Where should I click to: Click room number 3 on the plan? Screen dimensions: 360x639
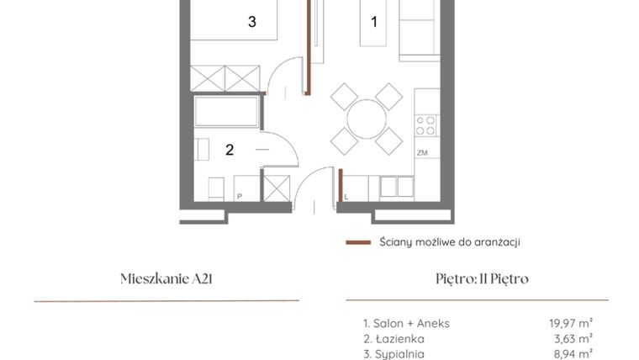point(251,23)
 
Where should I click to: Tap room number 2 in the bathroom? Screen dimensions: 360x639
point(229,151)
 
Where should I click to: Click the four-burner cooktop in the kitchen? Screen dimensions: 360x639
point(426,125)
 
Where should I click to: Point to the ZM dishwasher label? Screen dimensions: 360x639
point(422,152)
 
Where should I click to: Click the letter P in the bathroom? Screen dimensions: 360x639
point(240,196)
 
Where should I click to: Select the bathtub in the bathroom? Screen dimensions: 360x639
point(226,112)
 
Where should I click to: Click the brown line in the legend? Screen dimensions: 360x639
point(358,242)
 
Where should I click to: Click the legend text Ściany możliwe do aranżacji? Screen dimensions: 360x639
point(449,242)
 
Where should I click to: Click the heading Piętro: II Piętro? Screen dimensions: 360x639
point(477,279)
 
